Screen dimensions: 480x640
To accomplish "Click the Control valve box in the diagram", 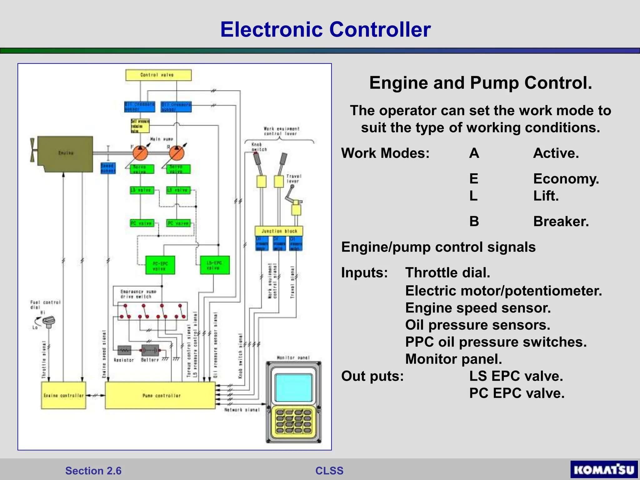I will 158,75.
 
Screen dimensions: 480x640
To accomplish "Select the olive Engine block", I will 66,154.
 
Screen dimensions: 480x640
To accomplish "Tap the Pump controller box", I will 160,395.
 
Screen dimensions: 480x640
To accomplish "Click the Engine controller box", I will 63,395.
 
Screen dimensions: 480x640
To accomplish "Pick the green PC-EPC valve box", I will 160,265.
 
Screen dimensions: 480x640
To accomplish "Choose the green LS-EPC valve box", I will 215,265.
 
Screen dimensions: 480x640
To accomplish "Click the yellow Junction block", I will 279,231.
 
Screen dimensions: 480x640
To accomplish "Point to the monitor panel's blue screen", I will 293,387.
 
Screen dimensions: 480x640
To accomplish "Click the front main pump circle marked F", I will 140,153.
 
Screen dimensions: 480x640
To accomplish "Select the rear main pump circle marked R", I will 177,153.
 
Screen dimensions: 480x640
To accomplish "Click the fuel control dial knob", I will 49,321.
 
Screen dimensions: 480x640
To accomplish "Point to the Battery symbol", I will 150,350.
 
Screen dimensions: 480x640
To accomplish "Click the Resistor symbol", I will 124,350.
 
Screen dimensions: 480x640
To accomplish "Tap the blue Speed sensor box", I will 108,168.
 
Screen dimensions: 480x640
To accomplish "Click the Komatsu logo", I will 604,470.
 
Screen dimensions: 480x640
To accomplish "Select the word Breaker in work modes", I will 561,221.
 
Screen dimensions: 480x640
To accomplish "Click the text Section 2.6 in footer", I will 93,471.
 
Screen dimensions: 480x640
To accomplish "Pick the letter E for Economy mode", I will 473,178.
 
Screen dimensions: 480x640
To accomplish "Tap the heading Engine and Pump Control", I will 480,83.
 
